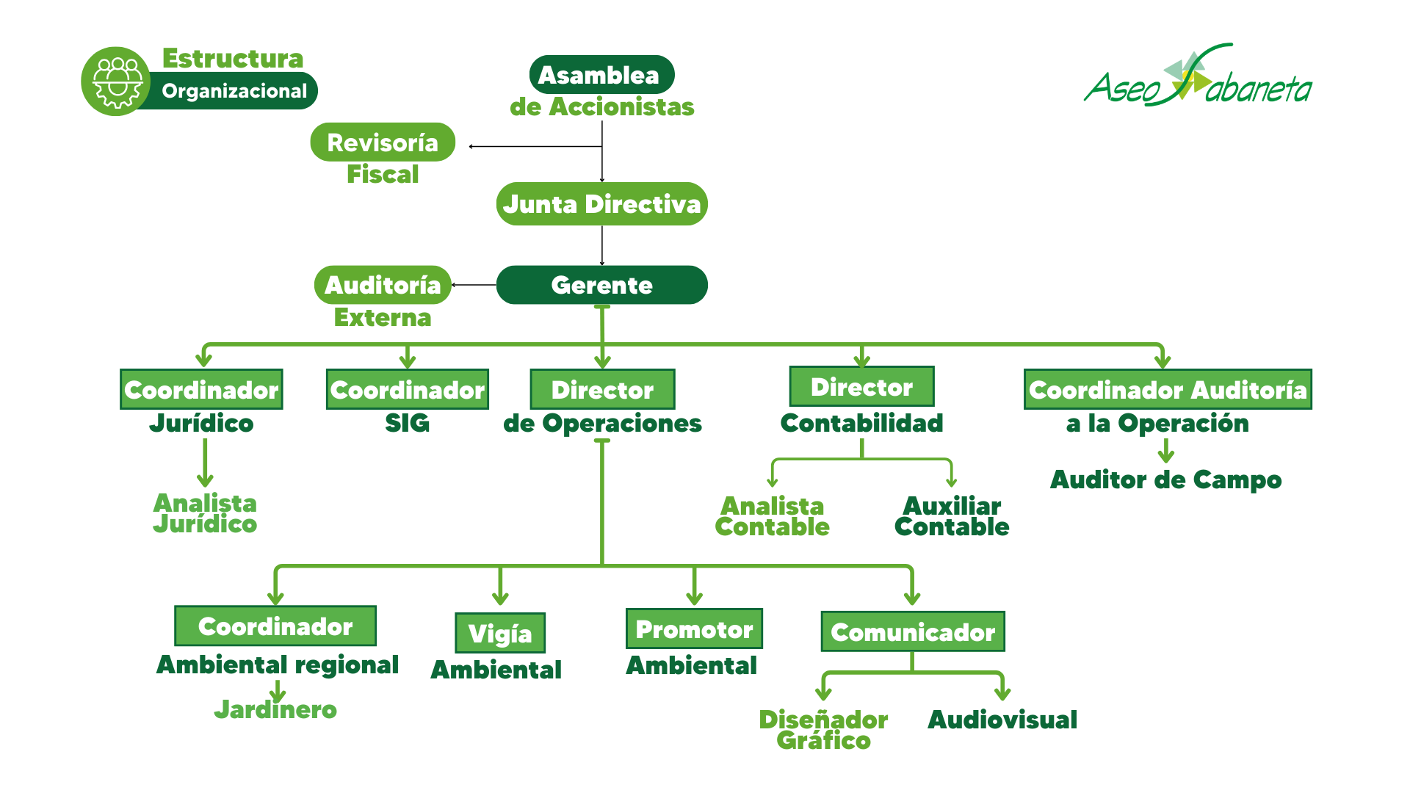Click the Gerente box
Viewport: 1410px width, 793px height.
pos(601,285)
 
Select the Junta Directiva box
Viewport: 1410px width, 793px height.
pos(601,204)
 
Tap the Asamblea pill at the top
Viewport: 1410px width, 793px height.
pos(601,75)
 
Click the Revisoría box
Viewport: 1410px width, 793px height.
pos(383,142)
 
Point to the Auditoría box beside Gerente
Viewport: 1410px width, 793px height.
pos(383,285)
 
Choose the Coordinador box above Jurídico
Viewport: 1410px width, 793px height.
pos(201,389)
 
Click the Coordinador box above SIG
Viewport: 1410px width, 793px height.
pos(408,389)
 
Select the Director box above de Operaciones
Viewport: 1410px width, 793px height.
pos(602,389)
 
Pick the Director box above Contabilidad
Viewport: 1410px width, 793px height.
pos(861,386)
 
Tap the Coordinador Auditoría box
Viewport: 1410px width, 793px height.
pos(1168,389)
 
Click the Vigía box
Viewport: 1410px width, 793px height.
pos(500,633)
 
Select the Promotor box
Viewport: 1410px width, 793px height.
pos(694,629)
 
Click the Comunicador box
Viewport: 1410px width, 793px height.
pos(913,631)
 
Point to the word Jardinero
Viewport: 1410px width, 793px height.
pos(275,710)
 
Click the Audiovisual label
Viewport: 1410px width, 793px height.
pos(1002,720)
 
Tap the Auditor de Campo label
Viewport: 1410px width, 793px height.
pos(1165,479)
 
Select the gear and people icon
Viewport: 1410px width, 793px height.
pos(116,82)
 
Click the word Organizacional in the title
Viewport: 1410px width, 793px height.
pos(234,91)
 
